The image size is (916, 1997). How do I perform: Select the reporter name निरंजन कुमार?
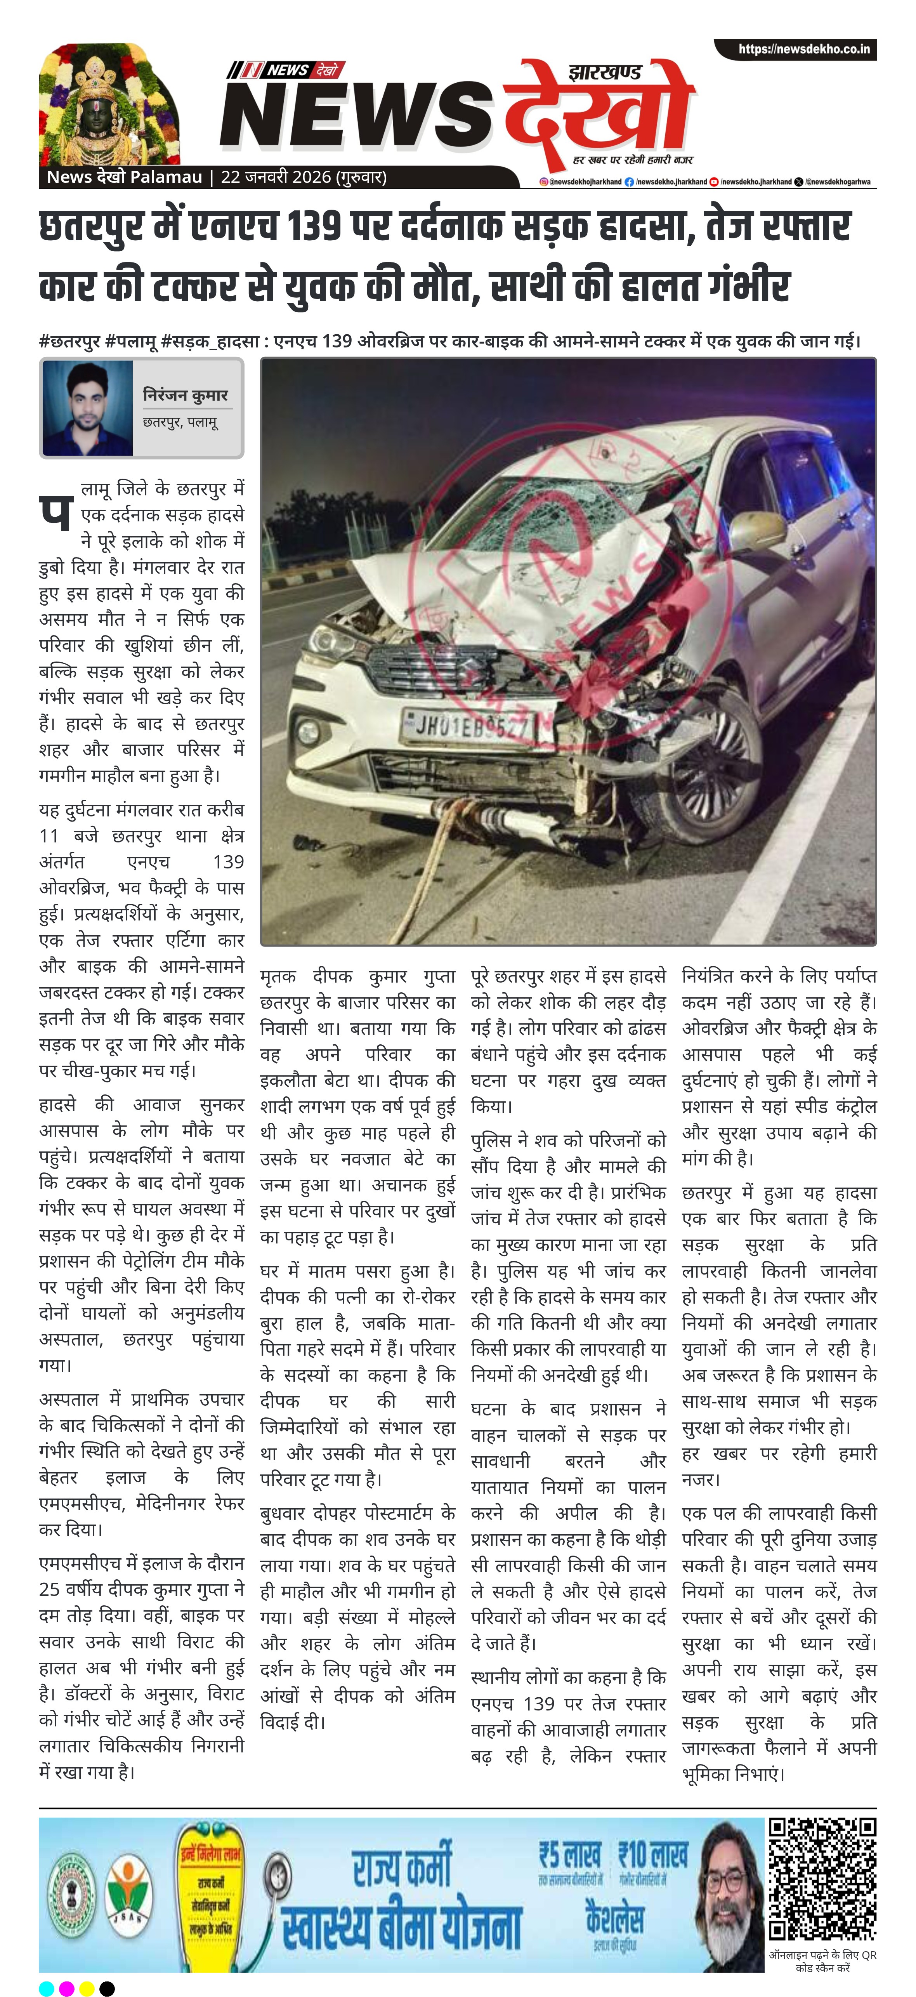(x=185, y=395)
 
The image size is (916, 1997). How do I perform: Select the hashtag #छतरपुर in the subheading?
(x=70, y=341)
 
